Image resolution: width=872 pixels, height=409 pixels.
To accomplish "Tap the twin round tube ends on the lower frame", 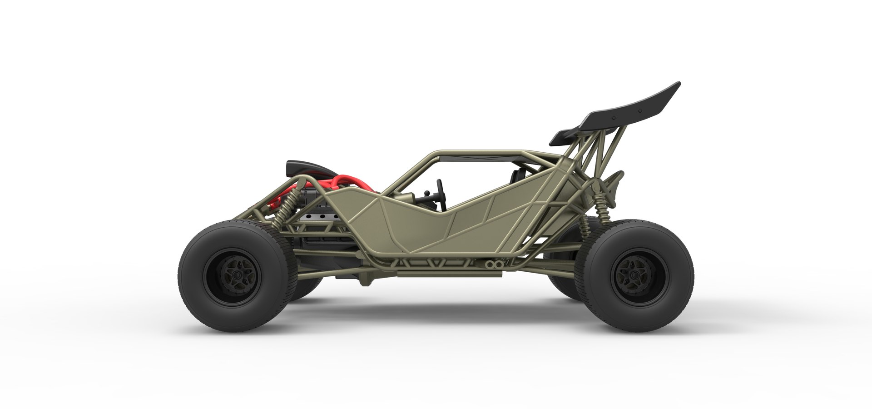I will [x=492, y=264].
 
